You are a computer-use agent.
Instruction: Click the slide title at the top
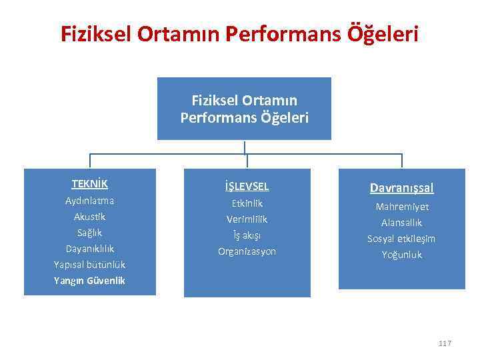point(240,33)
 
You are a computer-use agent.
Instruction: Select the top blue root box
point(244,109)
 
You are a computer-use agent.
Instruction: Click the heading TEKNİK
point(90,183)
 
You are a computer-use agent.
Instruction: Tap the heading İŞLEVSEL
point(247,187)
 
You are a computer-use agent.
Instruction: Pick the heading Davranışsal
point(401,189)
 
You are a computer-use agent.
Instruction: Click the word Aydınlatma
point(90,201)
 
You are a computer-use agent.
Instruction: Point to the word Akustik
point(90,217)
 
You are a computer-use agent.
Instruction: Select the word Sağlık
point(90,233)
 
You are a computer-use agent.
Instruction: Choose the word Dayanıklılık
point(90,249)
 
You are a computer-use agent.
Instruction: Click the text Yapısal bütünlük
point(90,265)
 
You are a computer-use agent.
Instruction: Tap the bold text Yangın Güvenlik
point(90,281)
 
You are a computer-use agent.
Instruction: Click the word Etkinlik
point(247,203)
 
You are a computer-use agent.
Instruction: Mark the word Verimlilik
point(247,219)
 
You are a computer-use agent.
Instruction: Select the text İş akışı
point(247,235)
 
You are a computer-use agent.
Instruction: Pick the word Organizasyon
point(247,251)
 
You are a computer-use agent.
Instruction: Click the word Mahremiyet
point(401,207)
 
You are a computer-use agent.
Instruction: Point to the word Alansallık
point(401,223)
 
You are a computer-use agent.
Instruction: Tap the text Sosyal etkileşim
point(401,239)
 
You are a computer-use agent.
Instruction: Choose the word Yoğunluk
point(401,255)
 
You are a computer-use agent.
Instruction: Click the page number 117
point(445,343)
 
